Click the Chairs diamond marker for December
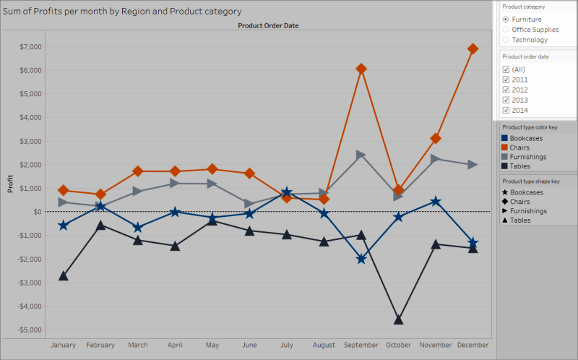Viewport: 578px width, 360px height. pos(473,48)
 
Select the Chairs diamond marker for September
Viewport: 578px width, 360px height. pos(361,69)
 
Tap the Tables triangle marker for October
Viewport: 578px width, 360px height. pos(399,320)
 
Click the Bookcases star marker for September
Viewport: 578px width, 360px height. pos(361,259)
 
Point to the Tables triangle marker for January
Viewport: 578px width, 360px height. pos(64,275)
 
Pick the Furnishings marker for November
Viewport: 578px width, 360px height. pos(436,159)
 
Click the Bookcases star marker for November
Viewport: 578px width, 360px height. pos(436,202)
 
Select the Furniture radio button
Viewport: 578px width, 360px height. pos(506,20)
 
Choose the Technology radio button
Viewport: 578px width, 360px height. pos(506,40)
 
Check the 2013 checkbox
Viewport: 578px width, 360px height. pos(506,100)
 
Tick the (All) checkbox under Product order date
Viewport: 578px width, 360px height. pos(506,69)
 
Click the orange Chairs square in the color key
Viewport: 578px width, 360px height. pos(504,147)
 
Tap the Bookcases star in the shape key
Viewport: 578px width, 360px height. pos(505,192)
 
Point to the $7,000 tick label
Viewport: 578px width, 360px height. pos(30,47)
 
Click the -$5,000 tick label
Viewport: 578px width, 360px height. pos(30,330)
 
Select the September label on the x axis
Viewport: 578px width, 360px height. pos(361,345)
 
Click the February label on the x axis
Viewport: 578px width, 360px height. pos(100,345)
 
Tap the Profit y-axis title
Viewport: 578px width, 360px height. pos(10,184)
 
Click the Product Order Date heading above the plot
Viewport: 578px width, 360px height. pos(268,25)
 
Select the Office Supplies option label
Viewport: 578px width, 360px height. pos(535,30)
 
